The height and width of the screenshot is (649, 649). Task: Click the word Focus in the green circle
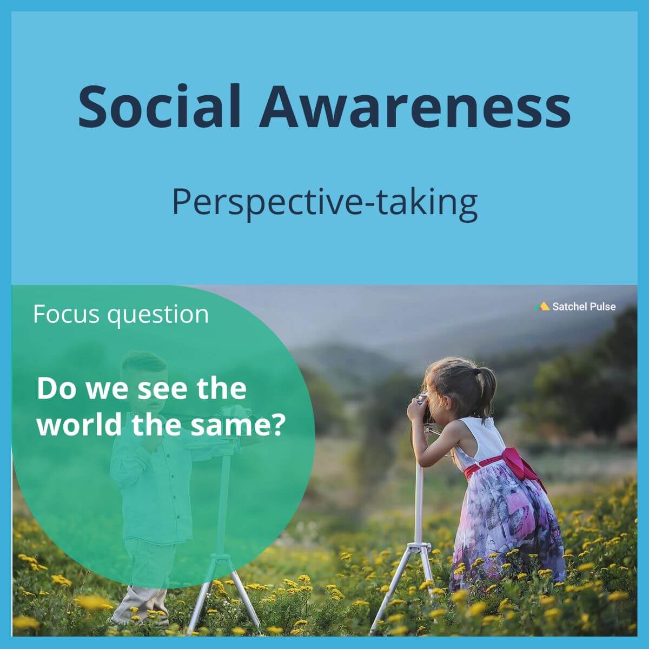(66, 314)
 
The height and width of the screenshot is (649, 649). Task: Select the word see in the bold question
(157, 389)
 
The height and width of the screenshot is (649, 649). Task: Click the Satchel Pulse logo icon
(542, 306)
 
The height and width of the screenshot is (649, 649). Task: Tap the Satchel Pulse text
(584, 307)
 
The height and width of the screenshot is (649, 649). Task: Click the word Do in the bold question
(56, 389)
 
